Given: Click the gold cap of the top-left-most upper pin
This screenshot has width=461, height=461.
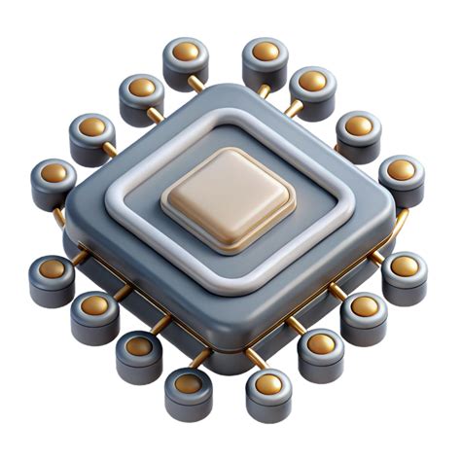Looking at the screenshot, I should coord(185,53).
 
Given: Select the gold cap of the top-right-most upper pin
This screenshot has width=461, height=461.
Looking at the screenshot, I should coord(266,52).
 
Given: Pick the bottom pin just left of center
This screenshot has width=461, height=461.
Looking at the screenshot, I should coord(188,384).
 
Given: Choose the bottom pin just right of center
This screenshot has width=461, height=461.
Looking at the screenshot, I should coord(268,385).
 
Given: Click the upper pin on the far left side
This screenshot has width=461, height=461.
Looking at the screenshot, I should coord(53,175).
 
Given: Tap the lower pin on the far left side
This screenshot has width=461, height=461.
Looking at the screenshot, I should coord(52,270).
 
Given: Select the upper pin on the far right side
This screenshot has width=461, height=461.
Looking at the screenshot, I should coord(401,171).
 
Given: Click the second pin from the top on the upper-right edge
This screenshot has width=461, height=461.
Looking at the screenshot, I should coord(312,84).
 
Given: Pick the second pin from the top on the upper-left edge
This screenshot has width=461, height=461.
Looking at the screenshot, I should coord(141,89).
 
